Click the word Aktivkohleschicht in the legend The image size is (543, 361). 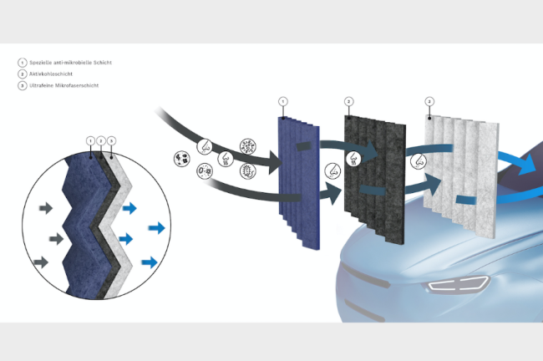pos(51,74)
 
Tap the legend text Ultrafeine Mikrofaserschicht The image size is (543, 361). pos(64,85)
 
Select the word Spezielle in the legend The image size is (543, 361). pos(41,63)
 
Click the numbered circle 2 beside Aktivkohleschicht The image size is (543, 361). pos(23,74)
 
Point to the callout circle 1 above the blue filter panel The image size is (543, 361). pos(283,101)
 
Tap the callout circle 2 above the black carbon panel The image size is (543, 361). pos(348,101)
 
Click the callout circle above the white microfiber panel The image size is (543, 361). pos(429,101)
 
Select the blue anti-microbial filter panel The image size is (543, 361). pos(299,182)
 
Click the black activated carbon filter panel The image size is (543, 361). pos(375,180)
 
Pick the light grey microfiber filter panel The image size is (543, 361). pos(460,176)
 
